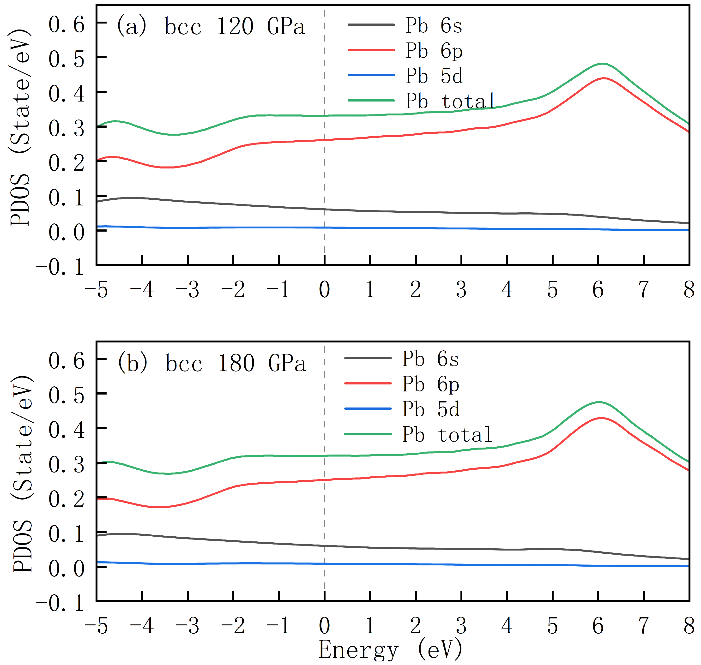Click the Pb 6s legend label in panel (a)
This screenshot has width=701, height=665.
pos(434,25)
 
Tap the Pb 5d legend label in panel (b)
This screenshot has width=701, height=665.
pos(430,409)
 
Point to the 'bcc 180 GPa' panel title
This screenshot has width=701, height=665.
pos(236,364)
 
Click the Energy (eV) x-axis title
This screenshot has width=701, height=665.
pos(390,649)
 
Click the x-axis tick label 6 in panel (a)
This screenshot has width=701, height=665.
pos(598,290)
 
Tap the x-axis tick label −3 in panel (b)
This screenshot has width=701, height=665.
pos(187,626)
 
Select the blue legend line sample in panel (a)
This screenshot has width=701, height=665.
pos(371,75)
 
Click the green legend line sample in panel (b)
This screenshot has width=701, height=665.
pos(368,434)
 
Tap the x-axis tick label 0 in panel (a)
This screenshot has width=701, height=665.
pos(324,290)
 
